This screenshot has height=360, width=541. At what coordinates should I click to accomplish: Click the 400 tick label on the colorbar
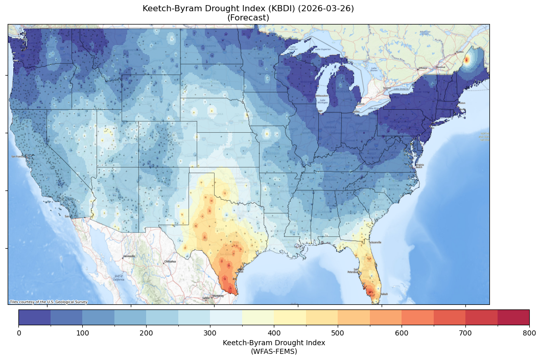(x=274, y=333)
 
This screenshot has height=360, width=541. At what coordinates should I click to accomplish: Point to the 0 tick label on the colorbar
(x=19, y=333)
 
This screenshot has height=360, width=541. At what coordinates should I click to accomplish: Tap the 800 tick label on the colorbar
(x=529, y=333)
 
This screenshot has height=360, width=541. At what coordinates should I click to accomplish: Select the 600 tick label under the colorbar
(x=402, y=333)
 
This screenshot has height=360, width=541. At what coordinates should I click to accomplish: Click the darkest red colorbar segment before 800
(x=513, y=317)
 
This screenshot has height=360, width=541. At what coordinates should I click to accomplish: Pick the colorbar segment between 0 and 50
(x=35, y=317)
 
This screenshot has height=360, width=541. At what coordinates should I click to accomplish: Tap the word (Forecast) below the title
(x=248, y=18)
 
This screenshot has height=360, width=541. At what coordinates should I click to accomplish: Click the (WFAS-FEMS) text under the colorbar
(x=274, y=351)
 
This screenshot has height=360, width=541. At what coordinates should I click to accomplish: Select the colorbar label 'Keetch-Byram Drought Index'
(x=274, y=343)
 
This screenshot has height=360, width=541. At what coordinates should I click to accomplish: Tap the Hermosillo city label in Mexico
(x=129, y=256)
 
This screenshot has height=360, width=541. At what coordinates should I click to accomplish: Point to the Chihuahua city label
(x=170, y=261)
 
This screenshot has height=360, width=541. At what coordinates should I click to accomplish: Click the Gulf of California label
(x=119, y=278)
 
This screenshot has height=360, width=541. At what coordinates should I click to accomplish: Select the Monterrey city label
(x=218, y=296)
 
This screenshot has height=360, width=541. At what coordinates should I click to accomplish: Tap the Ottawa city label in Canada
(x=422, y=68)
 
